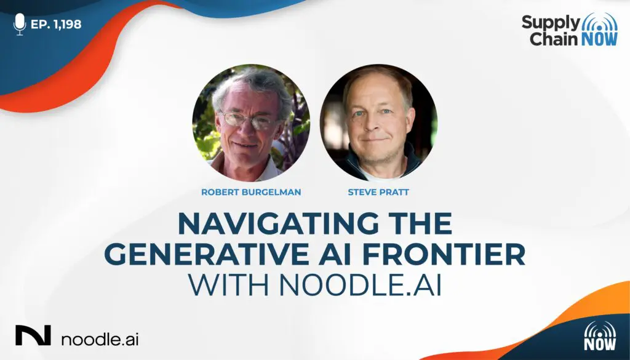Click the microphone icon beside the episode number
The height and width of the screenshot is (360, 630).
coord(19,24)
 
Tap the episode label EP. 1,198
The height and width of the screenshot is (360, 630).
coord(56,24)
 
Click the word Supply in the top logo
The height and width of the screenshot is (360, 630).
coord(551,24)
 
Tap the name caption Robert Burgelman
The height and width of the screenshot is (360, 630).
coord(251,192)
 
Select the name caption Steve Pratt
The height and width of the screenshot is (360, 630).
coord(378,192)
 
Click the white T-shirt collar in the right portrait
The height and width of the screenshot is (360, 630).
coord(380,174)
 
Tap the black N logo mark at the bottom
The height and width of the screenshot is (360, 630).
coord(33,335)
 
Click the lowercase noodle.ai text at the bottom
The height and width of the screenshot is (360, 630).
coord(100,338)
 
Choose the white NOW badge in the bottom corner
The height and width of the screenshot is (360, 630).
coord(600,336)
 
